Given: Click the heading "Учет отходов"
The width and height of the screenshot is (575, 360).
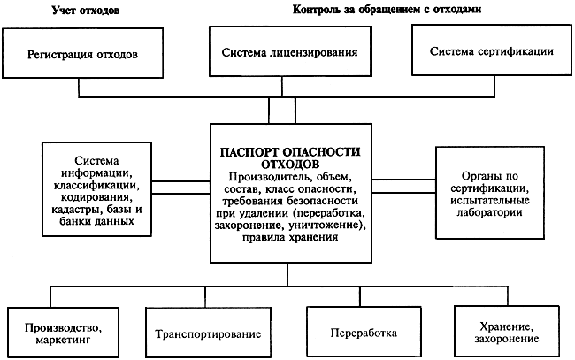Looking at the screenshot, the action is pos(86,10).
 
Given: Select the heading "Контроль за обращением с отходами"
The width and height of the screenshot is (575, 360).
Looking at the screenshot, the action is pos(387,9).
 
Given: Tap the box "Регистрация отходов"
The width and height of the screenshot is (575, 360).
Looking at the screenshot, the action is pos(82,53).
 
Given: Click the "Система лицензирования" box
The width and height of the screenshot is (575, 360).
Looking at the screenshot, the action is pos(289,51).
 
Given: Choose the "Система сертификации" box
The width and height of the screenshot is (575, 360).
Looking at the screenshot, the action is pos(492,50).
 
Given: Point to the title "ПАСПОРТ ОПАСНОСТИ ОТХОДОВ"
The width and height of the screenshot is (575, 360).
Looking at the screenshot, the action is pos(290,157).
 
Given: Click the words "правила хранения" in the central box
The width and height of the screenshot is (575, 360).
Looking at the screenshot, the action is pos(289,238).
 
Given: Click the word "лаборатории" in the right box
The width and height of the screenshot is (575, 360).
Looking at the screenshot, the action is pos(489,212).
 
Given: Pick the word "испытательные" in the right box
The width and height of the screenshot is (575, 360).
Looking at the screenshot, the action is pos(490,201).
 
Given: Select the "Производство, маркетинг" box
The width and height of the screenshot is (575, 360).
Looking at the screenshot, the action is pos(63,333).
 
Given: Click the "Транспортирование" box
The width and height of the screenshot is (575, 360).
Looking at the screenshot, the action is pos(208,333).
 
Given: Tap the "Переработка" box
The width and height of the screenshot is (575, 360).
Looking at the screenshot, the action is pos(364,332).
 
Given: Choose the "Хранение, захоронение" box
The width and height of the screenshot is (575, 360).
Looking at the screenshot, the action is pos(507,331).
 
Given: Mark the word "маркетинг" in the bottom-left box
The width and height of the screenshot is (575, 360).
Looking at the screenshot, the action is pos(63,340).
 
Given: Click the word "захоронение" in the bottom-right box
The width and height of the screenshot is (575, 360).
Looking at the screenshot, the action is pos(507,339).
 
